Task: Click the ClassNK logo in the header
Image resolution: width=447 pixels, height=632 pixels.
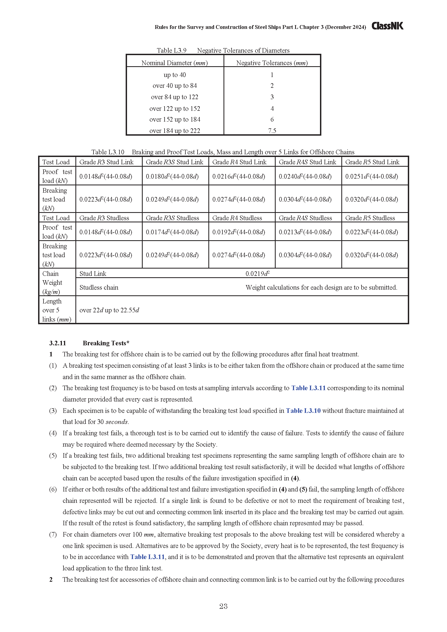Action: click(x=387, y=26)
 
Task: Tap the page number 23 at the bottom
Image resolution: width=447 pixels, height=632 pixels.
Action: click(x=223, y=606)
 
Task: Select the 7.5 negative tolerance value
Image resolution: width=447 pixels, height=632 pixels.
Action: click(x=272, y=131)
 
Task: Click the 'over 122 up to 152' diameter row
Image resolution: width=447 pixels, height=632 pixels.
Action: click(x=175, y=109)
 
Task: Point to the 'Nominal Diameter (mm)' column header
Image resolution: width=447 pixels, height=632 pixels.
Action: click(x=175, y=63)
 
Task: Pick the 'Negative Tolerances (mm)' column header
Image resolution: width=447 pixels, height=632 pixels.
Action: click(x=272, y=63)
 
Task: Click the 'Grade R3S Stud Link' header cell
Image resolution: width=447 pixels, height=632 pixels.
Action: click(x=175, y=162)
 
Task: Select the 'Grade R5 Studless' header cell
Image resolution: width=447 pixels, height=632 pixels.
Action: click(x=370, y=218)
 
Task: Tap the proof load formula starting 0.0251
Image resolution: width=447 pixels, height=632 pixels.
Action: click(x=372, y=176)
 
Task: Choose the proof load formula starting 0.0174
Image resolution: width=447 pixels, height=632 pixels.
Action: click(x=172, y=232)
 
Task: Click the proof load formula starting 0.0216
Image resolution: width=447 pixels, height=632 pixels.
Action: click(x=239, y=176)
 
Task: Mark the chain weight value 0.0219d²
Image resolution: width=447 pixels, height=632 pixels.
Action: click(x=258, y=274)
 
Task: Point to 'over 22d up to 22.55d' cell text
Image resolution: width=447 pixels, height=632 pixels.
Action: click(x=109, y=310)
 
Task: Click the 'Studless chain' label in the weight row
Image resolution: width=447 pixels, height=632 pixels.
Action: click(x=99, y=287)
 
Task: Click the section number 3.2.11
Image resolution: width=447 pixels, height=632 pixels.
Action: click(x=58, y=343)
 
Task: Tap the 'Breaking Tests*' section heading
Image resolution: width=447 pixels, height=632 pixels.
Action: click(x=106, y=343)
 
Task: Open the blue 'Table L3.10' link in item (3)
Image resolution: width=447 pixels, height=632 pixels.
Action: click(x=303, y=411)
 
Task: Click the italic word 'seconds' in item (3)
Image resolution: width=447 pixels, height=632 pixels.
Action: click(x=117, y=422)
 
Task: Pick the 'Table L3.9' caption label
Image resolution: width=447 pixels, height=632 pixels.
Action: click(x=172, y=50)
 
